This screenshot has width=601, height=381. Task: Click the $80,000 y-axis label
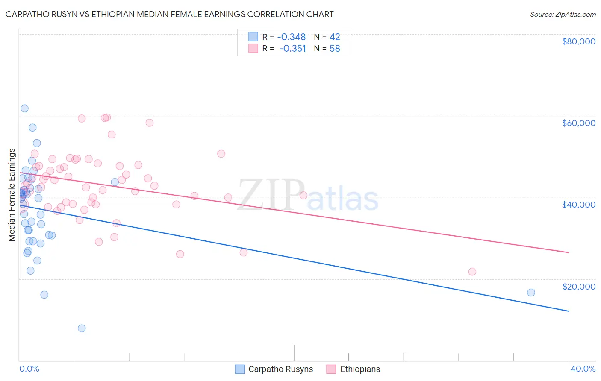[579, 41]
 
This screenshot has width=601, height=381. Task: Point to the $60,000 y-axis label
[579, 123]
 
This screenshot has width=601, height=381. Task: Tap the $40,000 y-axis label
[579, 205]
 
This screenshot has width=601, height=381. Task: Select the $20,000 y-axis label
[579, 286]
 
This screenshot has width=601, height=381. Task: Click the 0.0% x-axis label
[29, 369]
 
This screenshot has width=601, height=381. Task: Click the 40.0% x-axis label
[583, 369]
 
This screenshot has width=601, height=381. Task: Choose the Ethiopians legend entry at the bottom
[354, 369]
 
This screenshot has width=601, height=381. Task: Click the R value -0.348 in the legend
[292, 37]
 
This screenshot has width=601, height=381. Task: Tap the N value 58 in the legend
[335, 49]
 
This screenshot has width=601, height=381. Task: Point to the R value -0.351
[292, 49]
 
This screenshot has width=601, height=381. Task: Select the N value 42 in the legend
[335, 37]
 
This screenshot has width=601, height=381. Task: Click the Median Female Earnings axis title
[12, 195]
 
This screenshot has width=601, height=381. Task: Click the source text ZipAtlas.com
[563, 15]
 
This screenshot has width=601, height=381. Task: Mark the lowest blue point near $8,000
[82, 328]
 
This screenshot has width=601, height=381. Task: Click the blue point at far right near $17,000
[531, 293]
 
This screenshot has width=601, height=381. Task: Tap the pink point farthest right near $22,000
[472, 272]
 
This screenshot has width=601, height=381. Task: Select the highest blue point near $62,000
[24, 108]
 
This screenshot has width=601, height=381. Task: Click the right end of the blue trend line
[569, 311]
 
